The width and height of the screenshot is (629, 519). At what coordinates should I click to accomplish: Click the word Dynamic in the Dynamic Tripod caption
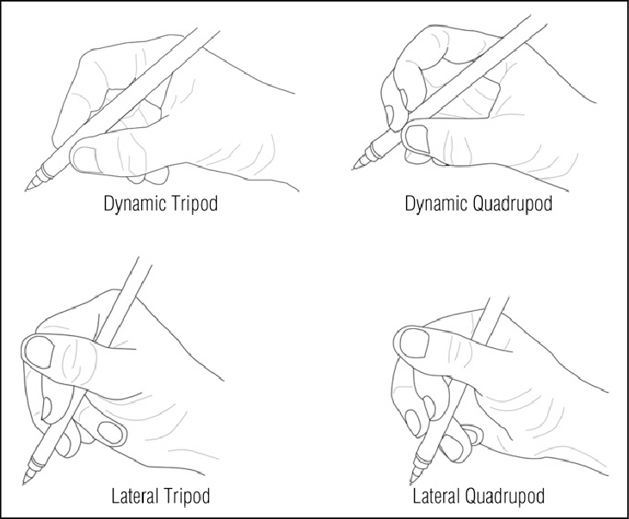pos(135,204)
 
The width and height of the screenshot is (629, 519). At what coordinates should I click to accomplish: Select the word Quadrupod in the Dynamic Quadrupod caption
pos(512,204)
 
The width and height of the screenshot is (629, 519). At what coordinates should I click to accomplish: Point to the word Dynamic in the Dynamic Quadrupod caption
pos(436,204)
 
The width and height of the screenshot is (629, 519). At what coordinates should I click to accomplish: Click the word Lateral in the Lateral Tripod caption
pos(134,496)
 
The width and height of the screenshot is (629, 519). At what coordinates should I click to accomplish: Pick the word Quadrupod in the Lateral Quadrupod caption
pos(504,497)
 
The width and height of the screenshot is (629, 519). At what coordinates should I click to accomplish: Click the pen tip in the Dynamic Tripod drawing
pos(27,190)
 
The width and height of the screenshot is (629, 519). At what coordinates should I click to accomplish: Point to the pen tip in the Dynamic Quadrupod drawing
pos(354,168)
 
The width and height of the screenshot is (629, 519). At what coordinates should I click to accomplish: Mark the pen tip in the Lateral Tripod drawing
pos(24,484)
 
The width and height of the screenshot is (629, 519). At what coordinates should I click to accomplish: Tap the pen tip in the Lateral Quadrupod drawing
pos(411,484)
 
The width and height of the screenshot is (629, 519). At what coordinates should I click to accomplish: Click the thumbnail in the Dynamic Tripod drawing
pos(83,159)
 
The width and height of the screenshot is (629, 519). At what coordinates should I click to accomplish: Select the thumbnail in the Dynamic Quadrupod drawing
pos(416,138)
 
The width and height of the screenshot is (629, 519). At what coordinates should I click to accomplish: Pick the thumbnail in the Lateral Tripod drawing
pos(40,351)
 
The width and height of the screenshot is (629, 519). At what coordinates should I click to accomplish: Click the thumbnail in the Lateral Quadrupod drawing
pos(415,343)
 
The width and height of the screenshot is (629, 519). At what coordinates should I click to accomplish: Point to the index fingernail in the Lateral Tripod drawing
pos(46,408)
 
